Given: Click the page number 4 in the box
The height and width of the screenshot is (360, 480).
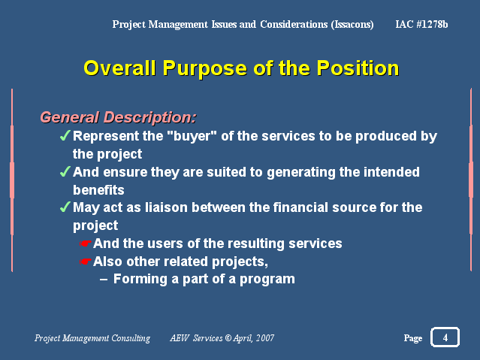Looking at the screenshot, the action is coord(445,337).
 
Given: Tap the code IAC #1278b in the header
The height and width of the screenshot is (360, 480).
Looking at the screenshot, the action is coord(421,24).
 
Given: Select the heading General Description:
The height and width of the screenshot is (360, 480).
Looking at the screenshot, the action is coord(118,117).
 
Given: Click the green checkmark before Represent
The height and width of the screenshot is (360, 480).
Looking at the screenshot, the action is coord(65,135).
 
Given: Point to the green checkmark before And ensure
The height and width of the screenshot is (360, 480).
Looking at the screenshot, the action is coord(65,171).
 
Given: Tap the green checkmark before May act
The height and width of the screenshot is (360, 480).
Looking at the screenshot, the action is coord(65,207).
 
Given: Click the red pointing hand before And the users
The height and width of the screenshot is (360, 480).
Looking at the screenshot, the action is coord(85,244).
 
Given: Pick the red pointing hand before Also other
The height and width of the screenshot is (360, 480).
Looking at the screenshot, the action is coord(85,262).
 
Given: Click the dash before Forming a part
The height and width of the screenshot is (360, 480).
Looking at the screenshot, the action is coord(104,280).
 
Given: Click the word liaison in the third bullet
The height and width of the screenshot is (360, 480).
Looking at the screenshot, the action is coord(166,207).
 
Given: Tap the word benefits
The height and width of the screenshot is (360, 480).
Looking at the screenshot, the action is coord(98,190).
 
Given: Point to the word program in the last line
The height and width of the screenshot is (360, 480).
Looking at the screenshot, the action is coord(267,280).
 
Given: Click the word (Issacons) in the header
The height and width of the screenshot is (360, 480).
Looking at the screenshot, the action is coord(352,24).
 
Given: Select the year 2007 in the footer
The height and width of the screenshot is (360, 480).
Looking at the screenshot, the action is coord(265,338).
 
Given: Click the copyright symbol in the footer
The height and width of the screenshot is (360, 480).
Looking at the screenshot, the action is coord(228,338).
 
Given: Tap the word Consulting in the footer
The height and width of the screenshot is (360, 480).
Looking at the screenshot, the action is coord(131,338).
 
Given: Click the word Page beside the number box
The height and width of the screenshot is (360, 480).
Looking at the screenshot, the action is coord(413,338).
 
